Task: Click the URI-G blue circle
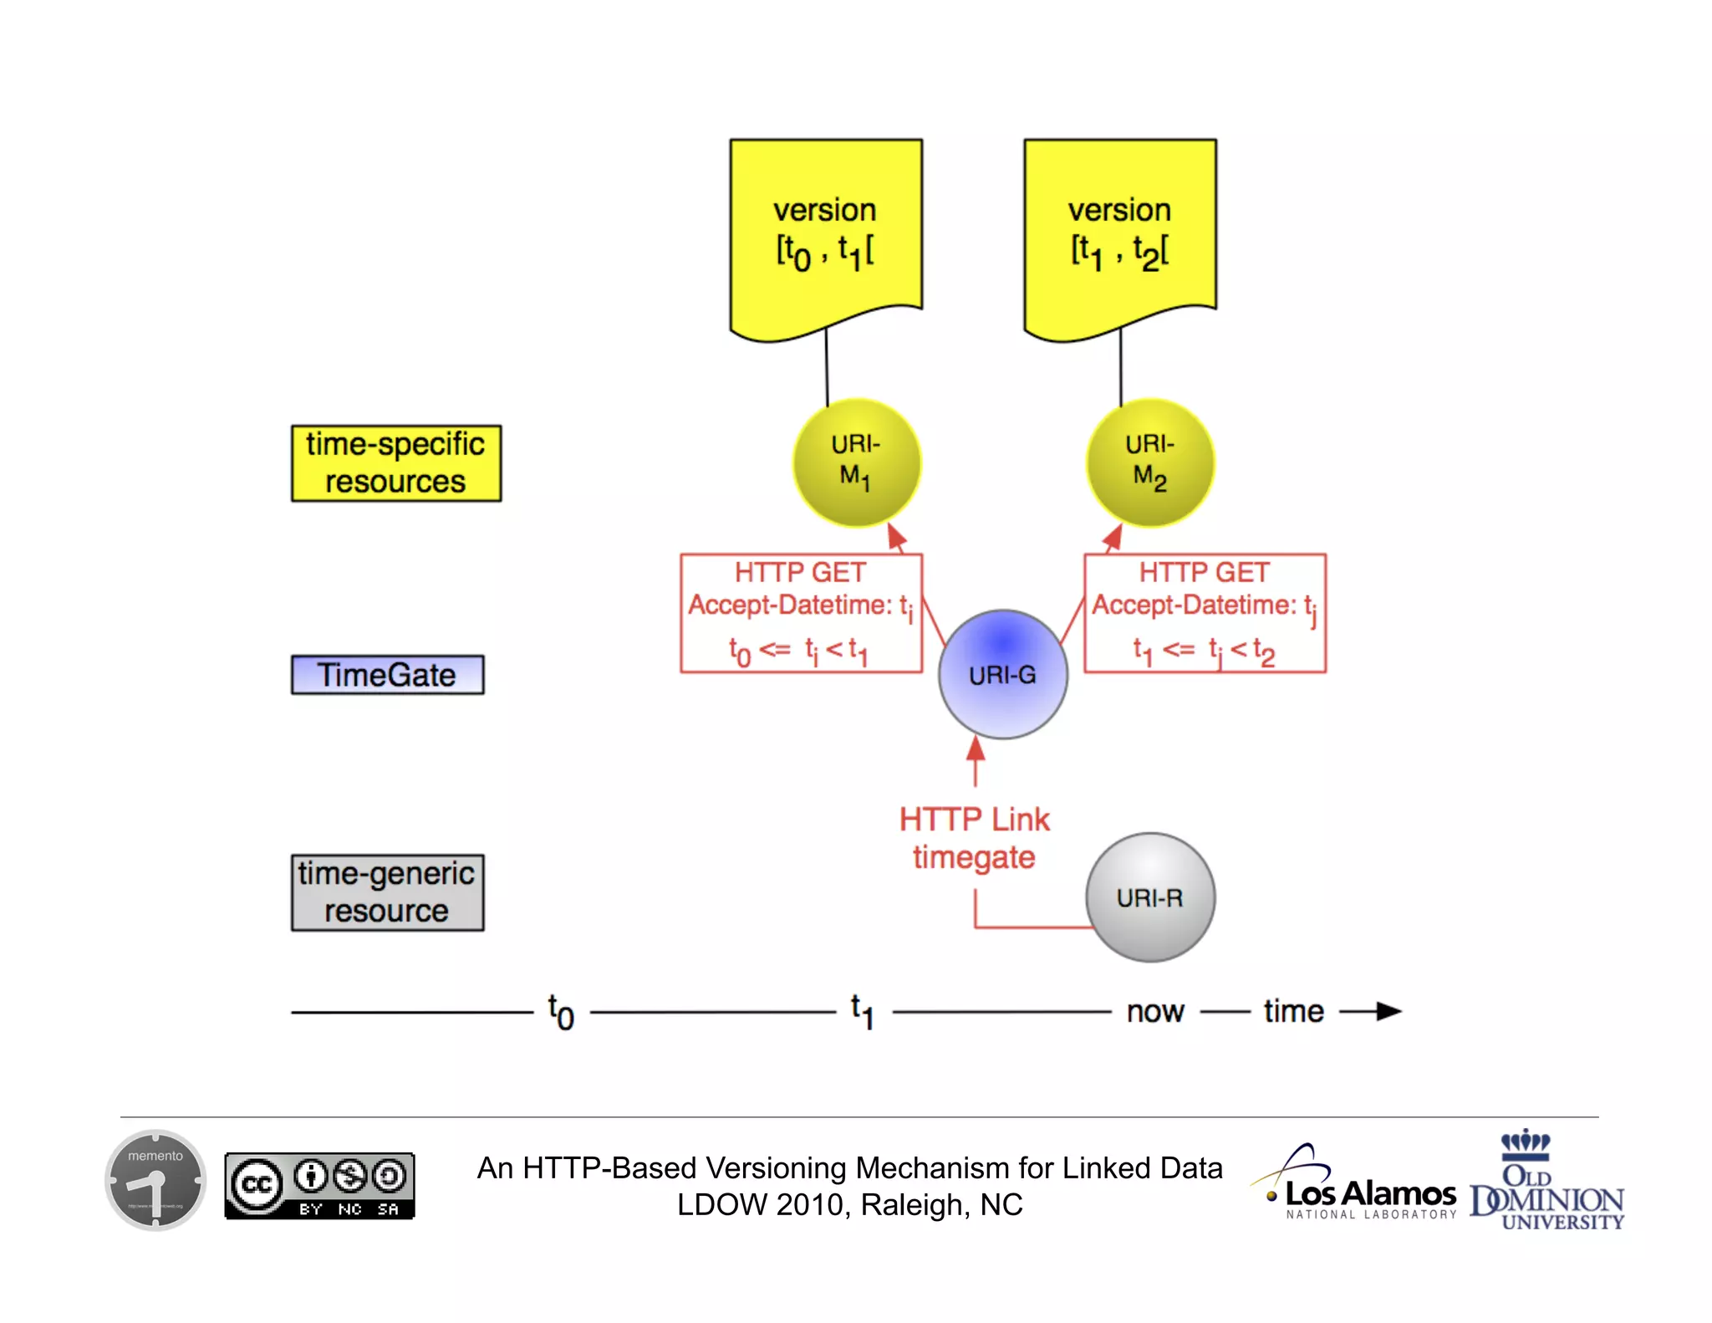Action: pos(1002,674)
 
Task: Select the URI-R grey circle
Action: pos(1149,897)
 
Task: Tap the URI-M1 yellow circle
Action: pos(856,462)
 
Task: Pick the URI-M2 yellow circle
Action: pos(1149,462)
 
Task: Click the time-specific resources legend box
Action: pos(395,463)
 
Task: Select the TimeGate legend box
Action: pos(387,675)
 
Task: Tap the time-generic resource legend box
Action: pos(387,892)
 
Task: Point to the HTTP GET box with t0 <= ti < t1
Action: pos(801,613)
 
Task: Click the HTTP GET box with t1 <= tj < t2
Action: pos(1205,613)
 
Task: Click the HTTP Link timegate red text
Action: pos(974,838)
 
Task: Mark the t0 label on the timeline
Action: pos(561,1012)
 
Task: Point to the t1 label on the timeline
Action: pos(863,1012)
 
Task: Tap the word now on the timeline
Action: pos(1154,1012)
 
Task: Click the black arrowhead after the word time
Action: pos(1388,1011)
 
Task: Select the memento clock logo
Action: pos(155,1180)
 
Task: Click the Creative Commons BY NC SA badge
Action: pos(319,1186)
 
